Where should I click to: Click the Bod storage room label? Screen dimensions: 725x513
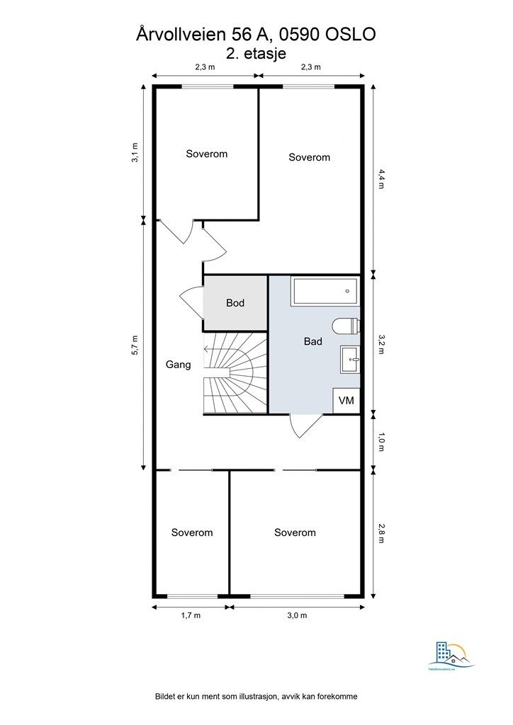[235, 303]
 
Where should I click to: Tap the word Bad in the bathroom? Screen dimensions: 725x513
[313, 341]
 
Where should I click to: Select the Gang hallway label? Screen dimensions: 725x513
[178, 365]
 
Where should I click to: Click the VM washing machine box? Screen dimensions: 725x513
[346, 401]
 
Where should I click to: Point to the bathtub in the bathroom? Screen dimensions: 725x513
[325, 291]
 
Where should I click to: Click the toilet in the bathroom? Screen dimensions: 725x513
[347, 327]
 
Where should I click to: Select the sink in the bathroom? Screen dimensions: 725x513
[350, 360]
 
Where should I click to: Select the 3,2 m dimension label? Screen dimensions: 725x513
[380, 343]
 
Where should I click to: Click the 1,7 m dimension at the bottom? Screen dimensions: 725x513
[191, 616]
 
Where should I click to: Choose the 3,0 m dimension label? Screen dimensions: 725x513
[297, 616]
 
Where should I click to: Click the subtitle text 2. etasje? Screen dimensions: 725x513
[256, 52]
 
